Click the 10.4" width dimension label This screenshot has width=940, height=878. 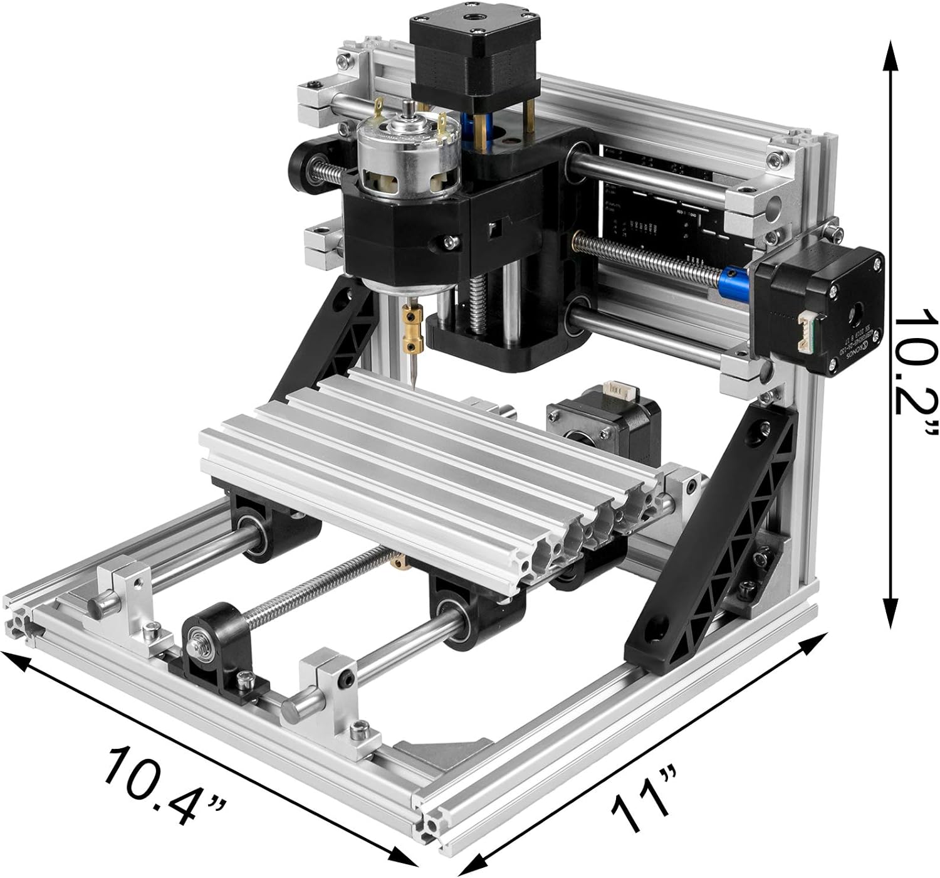click(x=166, y=781)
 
